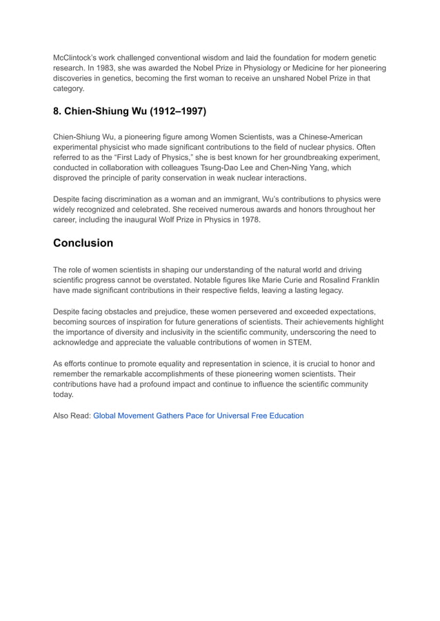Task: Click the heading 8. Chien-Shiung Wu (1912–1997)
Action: pyautogui.click(x=130, y=110)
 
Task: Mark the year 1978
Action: pyautogui.click(x=250, y=220)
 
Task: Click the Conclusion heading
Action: pyautogui.click(x=83, y=243)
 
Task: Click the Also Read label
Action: pyautogui.click(x=72, y=416)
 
